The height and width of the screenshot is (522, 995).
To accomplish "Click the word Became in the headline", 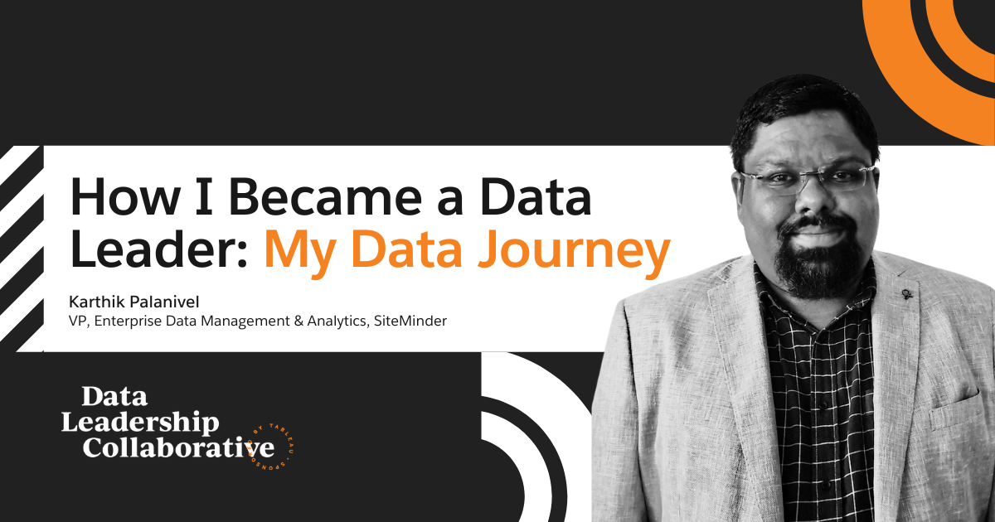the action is coord(325,196).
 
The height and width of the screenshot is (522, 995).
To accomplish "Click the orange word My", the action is coord(299,253).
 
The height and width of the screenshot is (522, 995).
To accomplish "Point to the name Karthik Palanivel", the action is coord(134,302).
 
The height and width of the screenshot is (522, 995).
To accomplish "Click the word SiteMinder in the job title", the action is coord(410,321).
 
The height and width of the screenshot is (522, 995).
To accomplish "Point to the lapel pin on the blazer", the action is coord(906,293).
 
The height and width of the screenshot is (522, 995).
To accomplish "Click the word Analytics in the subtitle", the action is coord(337,321).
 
